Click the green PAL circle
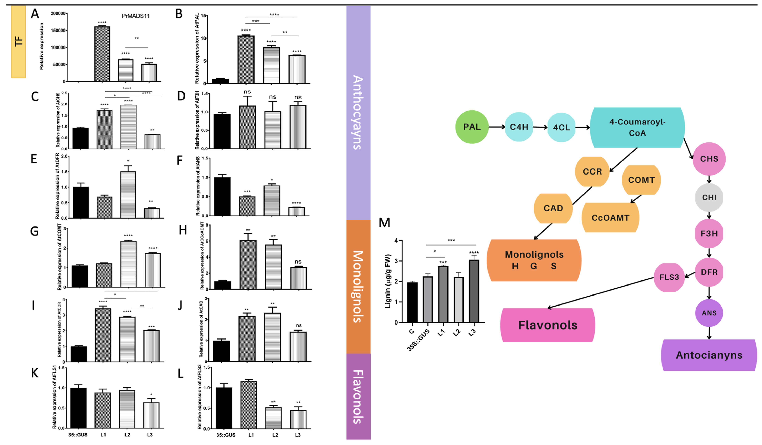pos(472,127)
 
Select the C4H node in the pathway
pos(519,127)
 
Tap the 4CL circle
pos(561,127)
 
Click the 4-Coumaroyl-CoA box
pos(637,127)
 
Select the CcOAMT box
pos(610,218)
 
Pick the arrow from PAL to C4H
pos(496,127)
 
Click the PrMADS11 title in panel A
pos(136,16)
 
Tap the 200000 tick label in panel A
pos(58,14)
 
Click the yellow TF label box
pos(18,42)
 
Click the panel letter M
pos(384,223)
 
